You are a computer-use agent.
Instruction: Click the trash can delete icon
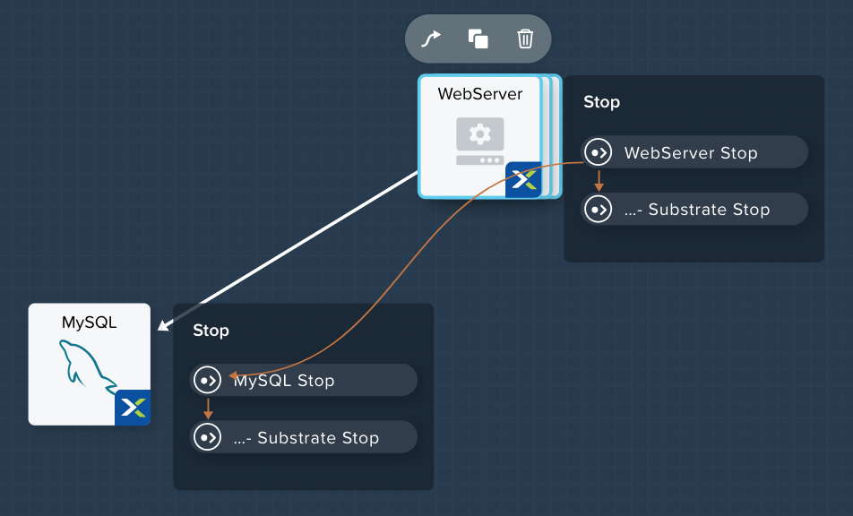pyautogui.click(x=525, y=39)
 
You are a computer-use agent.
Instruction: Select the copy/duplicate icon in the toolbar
pyautogui.click(x=478, y=39)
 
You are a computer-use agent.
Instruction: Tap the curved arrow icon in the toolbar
pyautogui.click(x=431, y=39)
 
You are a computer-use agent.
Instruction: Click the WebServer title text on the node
pyautogui.click(x=480, y=94)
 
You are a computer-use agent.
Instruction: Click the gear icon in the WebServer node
pyautogui.click(x=480, y=133)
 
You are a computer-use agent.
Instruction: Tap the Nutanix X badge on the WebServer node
pyautogui.click(x=523, y=179)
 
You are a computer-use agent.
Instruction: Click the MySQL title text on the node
pyautogui.click(x=90, y=322)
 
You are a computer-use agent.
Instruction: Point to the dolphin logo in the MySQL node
pyautogui.click(x=87, y=365)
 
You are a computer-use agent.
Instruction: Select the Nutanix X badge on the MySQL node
pyautogui.click(x=133, y=408)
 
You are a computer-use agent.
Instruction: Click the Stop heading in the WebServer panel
pyautogui.click(x=602, y=102)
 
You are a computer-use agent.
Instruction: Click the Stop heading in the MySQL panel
pyautogui.click(x=211, y=331)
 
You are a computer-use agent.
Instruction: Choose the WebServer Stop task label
pyautogui.click(x=691, y=153)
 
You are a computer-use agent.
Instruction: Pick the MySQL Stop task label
pyautogui.click(x=284, y=381)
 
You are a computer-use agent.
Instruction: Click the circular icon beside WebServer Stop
pyautogui.click(x=599, y=152)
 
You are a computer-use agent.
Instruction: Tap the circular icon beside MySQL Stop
pyautogui.click(x=208, y=380)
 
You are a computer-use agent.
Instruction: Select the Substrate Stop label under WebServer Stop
pyautogui.click(x=697, y=210)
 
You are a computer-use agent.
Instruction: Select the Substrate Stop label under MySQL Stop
pyautogui.click(x=306, y=438)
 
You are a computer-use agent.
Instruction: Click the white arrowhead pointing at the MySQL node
pyautogui.click(x=164, y=325)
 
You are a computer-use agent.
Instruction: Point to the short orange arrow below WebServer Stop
pyautogui.click(x=599, y=181)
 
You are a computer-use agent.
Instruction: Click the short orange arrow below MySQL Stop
pyautogui.click(x=208, y=408)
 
